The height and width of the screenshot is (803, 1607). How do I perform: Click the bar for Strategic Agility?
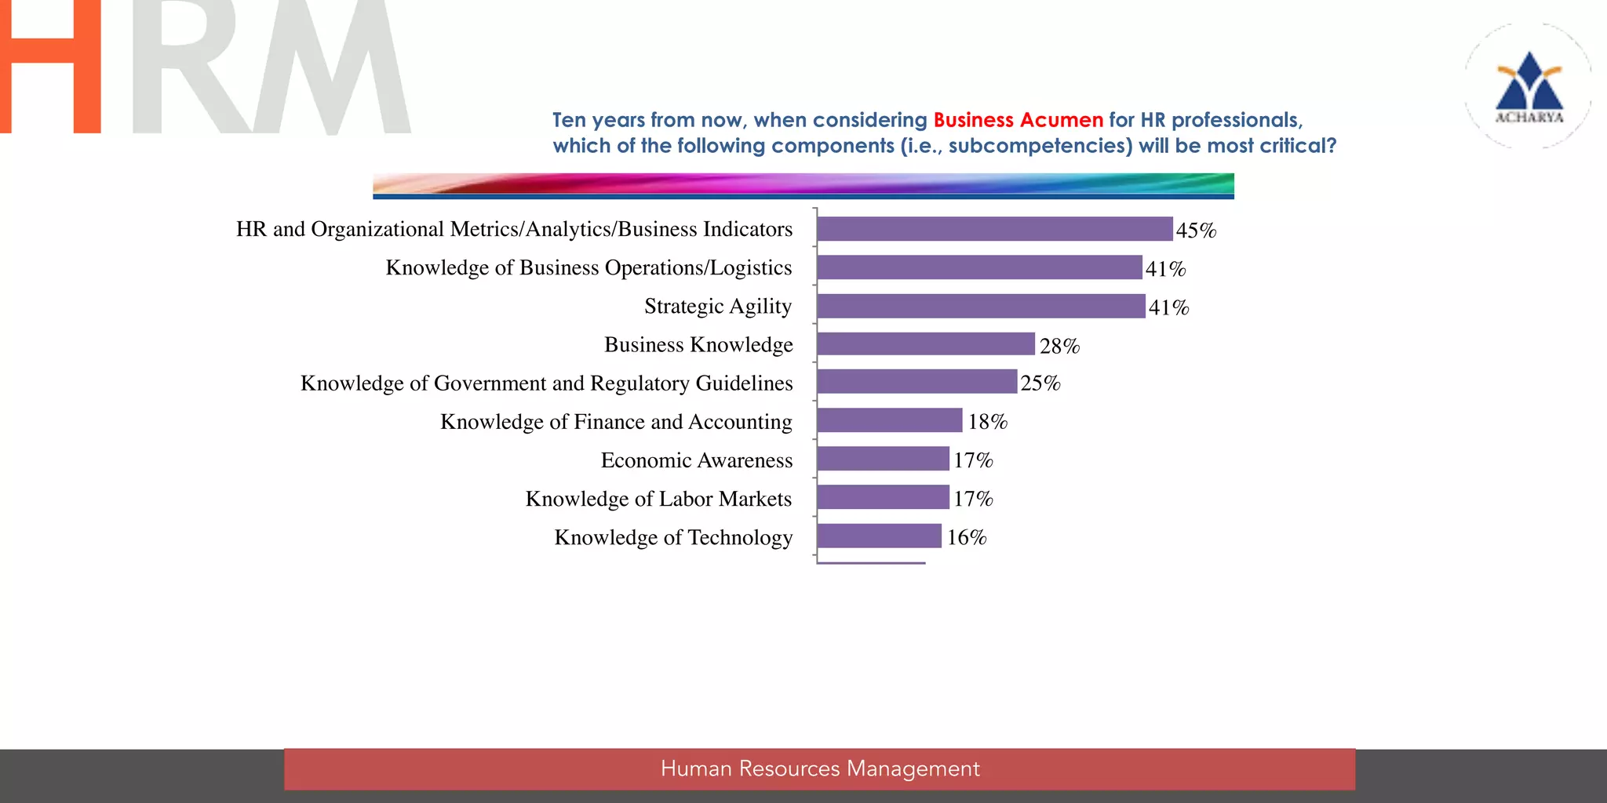[x=981, y=306]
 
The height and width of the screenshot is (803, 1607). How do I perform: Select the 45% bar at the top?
[x=994, y=229]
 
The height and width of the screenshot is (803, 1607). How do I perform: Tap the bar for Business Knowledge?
[x=926, y=344]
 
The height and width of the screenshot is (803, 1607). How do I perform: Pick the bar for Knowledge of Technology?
[x=879, y=536]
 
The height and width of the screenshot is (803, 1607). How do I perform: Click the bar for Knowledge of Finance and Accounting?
[x=889, y=421]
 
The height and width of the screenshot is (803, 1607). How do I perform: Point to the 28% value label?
[x=1059, y=346]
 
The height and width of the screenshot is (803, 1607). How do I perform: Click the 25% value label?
[x=1040, y=383]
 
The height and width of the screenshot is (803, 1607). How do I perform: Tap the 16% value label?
[x=967, y=537]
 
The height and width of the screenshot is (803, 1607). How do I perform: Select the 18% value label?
[x=987, y=422]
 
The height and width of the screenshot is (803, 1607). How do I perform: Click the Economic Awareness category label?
[x=697, y=460]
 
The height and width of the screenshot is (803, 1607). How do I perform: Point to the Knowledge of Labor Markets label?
[x=658, y=499]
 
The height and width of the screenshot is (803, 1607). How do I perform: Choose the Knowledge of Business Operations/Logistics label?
[x=589, y=267]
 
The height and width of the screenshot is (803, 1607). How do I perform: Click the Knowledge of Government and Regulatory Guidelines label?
[x=546, y=383]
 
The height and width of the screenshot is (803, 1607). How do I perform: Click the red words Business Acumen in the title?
[x=1018, y=120]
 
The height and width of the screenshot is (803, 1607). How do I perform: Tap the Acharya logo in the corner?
[x=1529, y=86]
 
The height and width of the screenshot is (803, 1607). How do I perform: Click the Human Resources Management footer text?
[x=820, y=768]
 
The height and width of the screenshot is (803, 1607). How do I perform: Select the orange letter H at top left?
[x=50, y=67]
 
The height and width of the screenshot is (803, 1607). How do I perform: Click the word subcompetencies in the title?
[x=1040, y=146]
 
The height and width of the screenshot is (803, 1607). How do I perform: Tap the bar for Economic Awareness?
[x=883, y=460]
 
